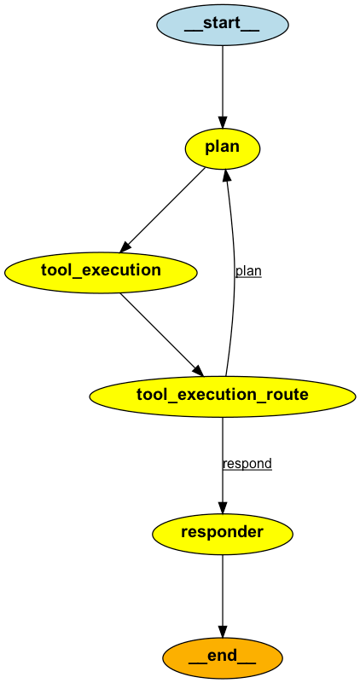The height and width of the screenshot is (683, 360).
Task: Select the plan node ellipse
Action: coord(223,148)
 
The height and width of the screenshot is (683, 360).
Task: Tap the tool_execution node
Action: coord(101,271)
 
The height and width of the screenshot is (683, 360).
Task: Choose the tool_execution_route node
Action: coord(223,395)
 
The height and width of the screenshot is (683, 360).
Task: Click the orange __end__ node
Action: coord(223,658)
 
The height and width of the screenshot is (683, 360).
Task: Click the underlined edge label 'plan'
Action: coord(248,271)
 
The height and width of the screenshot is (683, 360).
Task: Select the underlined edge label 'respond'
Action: coord(247,464)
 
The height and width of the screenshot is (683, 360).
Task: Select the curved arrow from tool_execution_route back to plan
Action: coord(234,273)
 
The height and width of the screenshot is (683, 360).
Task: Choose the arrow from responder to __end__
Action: coord(223,597)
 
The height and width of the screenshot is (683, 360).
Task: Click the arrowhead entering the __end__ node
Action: coord(223,632)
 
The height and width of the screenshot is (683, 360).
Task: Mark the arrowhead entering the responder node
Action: coord(223,506)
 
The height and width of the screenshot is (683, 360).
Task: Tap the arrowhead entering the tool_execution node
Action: coord(125,246)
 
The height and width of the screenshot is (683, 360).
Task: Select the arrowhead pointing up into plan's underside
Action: coord(226,175)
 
